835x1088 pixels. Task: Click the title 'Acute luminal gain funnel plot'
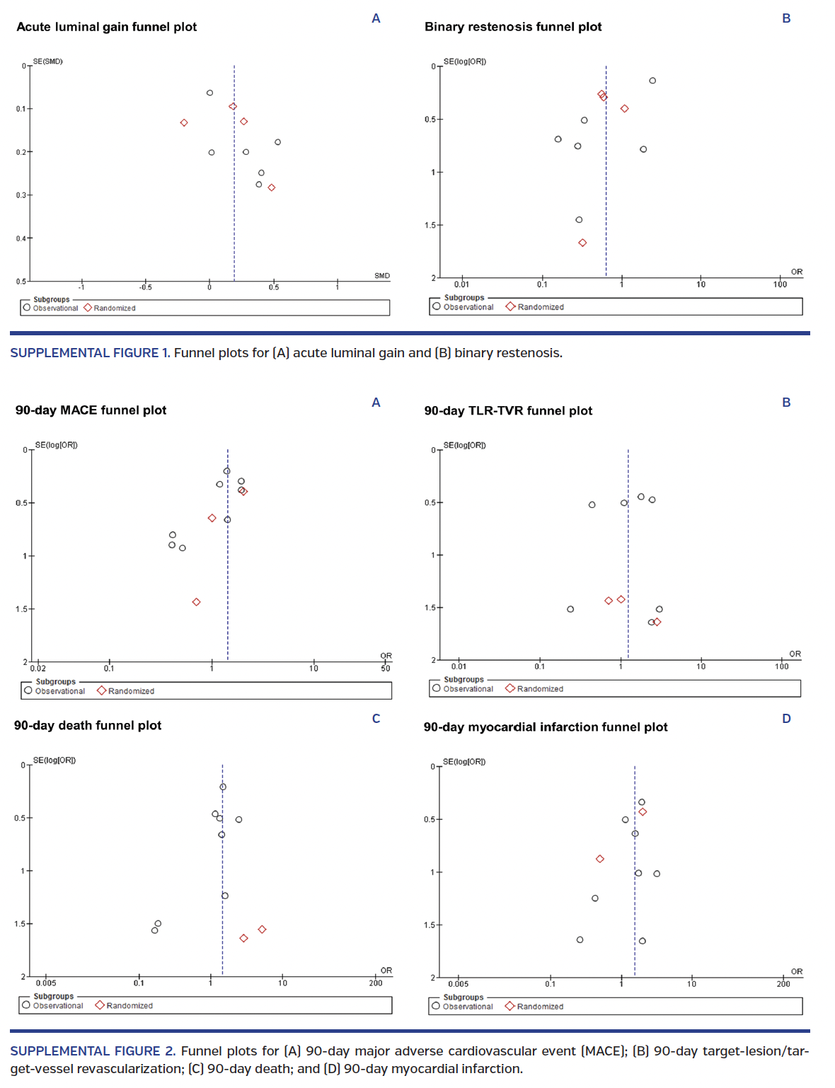[106, 27]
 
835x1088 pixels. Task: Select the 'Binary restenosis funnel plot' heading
[512, 27]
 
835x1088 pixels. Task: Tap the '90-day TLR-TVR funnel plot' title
[507, 411]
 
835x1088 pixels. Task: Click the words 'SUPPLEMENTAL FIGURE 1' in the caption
[89, 353]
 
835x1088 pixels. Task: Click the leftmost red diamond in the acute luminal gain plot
[184, 123]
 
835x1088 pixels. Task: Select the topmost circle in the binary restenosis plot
[652, 81]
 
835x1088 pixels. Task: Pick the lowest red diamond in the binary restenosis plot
[582, 243]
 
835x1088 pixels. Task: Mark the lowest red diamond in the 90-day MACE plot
[196, 602]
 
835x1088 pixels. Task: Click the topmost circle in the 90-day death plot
[223, 787]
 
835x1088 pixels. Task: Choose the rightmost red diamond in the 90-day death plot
[262, 930]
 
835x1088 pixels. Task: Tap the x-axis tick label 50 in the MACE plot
[385, 669]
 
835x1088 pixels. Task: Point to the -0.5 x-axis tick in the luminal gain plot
[145, 287]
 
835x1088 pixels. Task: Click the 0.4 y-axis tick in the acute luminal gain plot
[21, 238]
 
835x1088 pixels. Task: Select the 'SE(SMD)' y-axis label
[48, 62]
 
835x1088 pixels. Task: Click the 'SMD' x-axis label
[382, 276]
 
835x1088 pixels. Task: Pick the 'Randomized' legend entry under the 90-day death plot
[129, 1006]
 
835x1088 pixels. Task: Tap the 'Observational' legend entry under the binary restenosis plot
[468, 307]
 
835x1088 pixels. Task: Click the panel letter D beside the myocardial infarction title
[786, 719]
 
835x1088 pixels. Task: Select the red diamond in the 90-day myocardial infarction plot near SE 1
[600, 859]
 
